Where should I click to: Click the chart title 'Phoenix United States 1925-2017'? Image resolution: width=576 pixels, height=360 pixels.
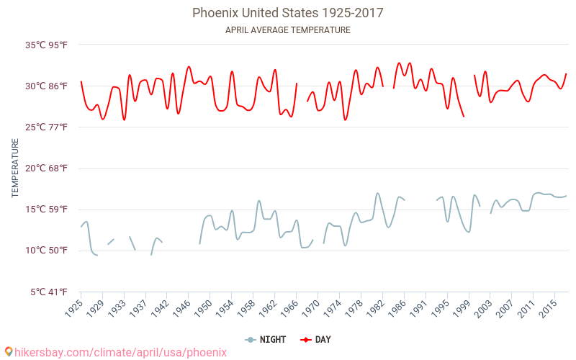pos(287,13)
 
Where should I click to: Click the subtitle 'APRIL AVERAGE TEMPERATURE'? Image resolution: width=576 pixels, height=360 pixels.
pos(287,30)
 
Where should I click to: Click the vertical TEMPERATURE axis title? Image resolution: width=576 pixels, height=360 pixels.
pos(15,168)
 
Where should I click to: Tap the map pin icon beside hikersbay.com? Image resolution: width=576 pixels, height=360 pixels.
pos(8,352)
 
